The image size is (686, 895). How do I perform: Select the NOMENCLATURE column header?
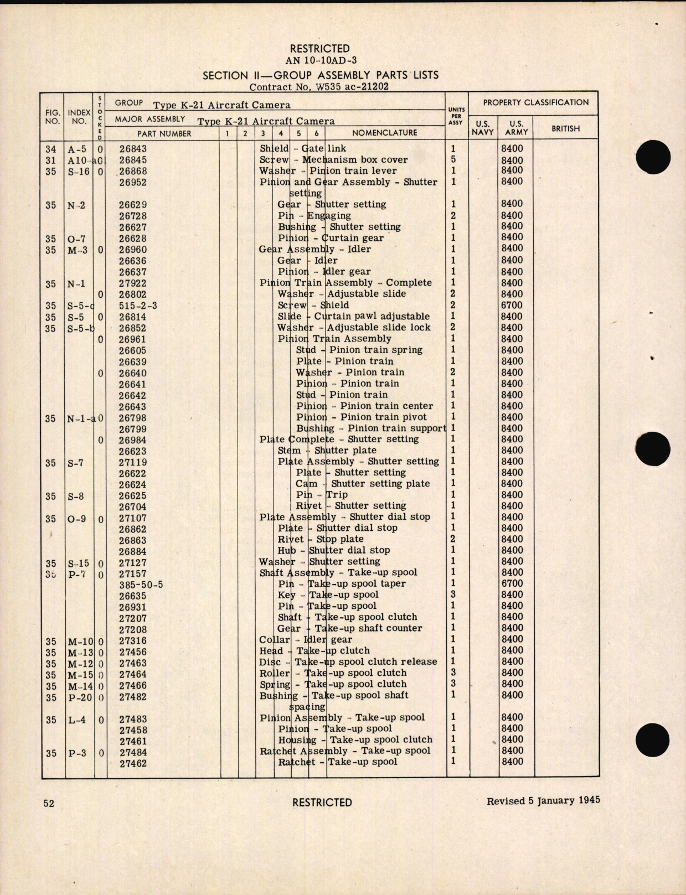385,133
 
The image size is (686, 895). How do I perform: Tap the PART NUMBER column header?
164,133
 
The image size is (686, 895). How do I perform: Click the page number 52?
49,803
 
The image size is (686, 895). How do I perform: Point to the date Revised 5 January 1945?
543,801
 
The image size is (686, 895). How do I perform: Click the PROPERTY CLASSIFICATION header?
535,102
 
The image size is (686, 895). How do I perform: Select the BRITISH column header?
565,128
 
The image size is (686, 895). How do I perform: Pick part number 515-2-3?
138,306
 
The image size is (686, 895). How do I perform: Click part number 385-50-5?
141,584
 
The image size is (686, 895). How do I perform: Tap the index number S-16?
78,172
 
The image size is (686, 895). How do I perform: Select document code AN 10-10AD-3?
321,61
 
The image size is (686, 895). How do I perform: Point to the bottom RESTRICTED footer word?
322,802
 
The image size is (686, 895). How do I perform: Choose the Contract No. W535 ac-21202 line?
319,87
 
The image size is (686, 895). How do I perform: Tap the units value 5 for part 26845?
453,160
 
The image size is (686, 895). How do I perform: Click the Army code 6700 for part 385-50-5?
512,583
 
